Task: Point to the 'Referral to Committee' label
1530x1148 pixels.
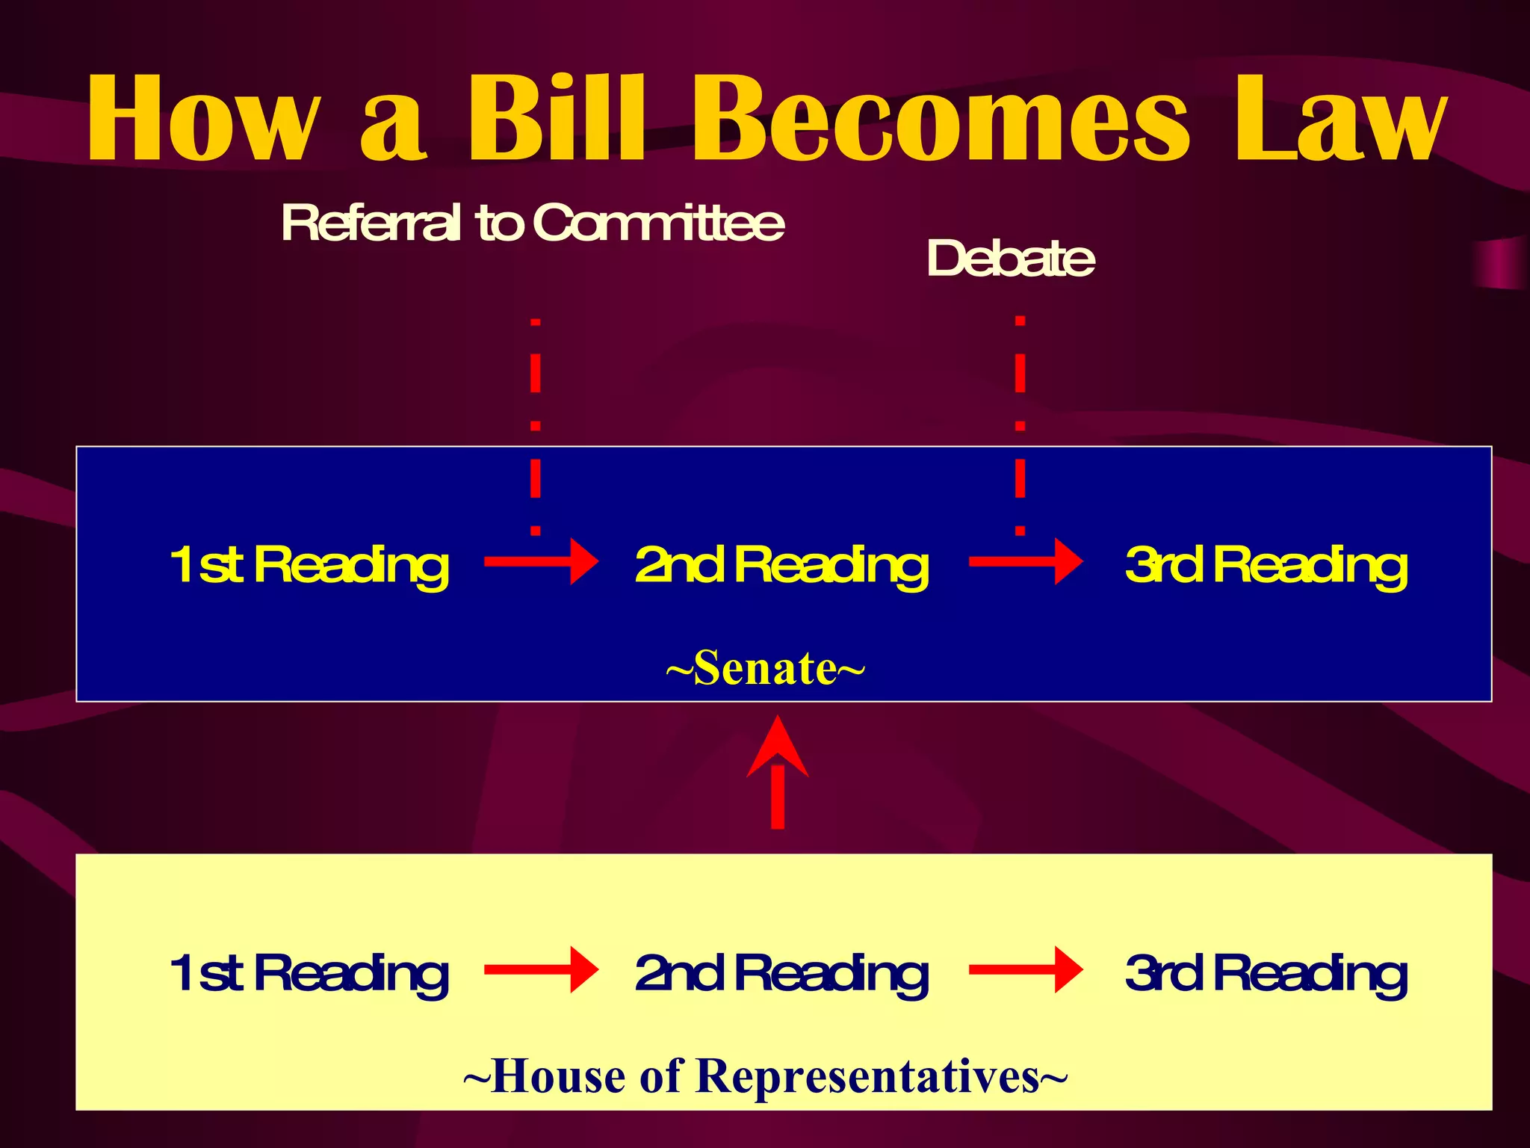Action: point(533,223)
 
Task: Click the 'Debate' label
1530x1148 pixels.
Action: point(1010,259)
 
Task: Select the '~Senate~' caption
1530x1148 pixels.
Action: point(765,667)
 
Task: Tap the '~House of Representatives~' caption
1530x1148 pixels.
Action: point(765,1076)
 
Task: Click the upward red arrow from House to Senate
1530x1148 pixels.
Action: point(778,774)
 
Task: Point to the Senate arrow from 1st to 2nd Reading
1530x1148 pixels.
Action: point(541,561)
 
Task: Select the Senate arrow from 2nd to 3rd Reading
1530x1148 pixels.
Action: point(1025,561)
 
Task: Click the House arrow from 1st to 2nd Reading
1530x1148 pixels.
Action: point(541,969)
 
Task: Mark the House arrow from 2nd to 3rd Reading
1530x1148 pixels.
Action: point(1025,969)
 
